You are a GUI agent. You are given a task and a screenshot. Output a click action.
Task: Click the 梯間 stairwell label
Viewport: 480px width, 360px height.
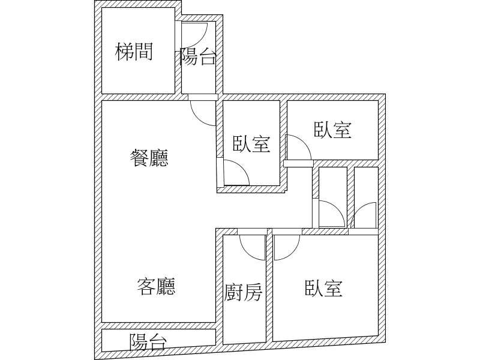click(x=134, y=52)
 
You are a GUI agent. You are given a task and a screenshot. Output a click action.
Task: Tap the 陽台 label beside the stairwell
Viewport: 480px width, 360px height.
click(x=198, y=56)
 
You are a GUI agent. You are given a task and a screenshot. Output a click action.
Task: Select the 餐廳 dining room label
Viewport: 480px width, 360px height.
click(x=149, y=158)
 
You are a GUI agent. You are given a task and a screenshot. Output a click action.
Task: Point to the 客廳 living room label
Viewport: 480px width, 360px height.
click(x=156, y=286)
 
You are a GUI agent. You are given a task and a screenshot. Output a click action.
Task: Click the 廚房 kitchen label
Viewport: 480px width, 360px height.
click(x=244, y=292)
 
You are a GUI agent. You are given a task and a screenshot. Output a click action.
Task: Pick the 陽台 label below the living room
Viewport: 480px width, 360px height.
click(x=148, y=341)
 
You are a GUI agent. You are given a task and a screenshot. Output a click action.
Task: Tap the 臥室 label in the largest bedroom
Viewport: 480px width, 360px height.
click(x=323, y=288)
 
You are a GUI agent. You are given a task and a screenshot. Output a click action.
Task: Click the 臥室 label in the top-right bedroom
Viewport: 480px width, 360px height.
click(x=333, y=130)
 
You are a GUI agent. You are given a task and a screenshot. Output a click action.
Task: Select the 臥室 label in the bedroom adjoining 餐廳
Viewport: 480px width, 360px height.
click(x=251, y=143)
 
